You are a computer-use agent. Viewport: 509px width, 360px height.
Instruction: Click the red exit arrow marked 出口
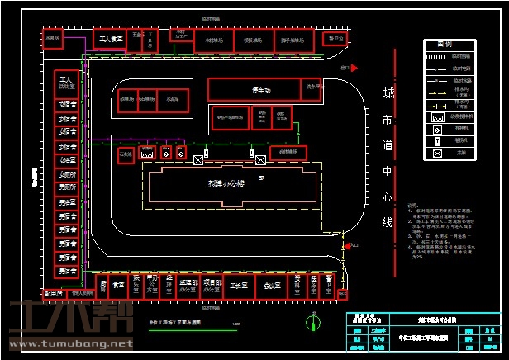tap(345, 68)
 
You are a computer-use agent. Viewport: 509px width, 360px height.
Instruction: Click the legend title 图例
tap(444, 44)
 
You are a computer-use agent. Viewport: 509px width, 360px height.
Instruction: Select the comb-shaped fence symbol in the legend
tap(436, 57)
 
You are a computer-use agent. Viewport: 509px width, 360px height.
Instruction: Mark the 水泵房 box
tap(53, 38)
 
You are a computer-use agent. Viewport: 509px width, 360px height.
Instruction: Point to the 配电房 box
tap(54, 292)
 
